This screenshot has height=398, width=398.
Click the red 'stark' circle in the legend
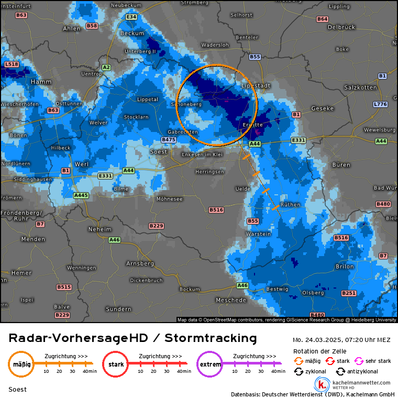point(115,363)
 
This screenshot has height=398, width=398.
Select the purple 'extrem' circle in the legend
point(209,363)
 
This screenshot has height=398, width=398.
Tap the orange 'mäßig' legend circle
point(21,363)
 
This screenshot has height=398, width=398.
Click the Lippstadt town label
point(255,85)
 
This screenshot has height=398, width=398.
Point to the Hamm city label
point(41,82)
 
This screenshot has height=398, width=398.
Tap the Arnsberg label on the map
point(139,263)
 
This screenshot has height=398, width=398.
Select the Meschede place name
point(231,300)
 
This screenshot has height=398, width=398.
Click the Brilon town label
point(344,267)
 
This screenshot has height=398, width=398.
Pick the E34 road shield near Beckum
point(131,17)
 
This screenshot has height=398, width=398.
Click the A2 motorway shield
point(106,67)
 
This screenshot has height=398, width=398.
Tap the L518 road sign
point(11,64)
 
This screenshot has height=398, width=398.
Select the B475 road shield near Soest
point(168,140)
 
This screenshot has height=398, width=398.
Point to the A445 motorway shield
point(81,195)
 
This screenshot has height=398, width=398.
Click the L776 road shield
point(380,104)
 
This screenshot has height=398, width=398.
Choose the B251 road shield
point(349,293)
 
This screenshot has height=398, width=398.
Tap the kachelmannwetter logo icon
point(322,385)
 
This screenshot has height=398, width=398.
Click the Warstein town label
point(258,234)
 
